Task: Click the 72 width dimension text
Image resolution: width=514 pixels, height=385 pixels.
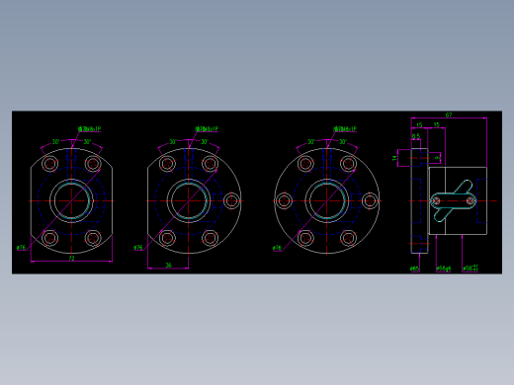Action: point(71,259)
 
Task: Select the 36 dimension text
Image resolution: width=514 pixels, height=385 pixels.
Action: point(168,265)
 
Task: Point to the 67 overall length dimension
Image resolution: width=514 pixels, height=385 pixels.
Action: point(449,115)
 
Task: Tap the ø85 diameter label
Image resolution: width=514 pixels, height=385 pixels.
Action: point(414,268)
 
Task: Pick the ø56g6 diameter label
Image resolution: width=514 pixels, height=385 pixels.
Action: point(443,268)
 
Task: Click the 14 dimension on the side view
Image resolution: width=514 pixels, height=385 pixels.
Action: point(394,157)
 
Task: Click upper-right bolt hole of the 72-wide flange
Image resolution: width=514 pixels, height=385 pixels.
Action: point(93,164)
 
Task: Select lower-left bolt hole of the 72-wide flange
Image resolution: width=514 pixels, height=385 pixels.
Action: point(50,238)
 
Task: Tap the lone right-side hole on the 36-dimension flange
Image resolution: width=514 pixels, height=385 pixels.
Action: point(231,201)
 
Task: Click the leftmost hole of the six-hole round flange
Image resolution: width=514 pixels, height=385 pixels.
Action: point(284,201)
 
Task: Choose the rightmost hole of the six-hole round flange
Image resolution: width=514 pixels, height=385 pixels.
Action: point(370,201)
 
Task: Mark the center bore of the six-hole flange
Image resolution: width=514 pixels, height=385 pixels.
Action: point(326,201)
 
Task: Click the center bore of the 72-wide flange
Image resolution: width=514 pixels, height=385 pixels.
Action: point(71,201)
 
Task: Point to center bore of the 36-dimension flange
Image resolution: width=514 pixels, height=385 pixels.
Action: point(188,201)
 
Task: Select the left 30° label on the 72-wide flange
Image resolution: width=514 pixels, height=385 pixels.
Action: point(56,142)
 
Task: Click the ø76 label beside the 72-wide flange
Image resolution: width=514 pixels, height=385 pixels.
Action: point(22,247)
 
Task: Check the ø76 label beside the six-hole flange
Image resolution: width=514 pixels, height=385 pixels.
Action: point(277,248)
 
